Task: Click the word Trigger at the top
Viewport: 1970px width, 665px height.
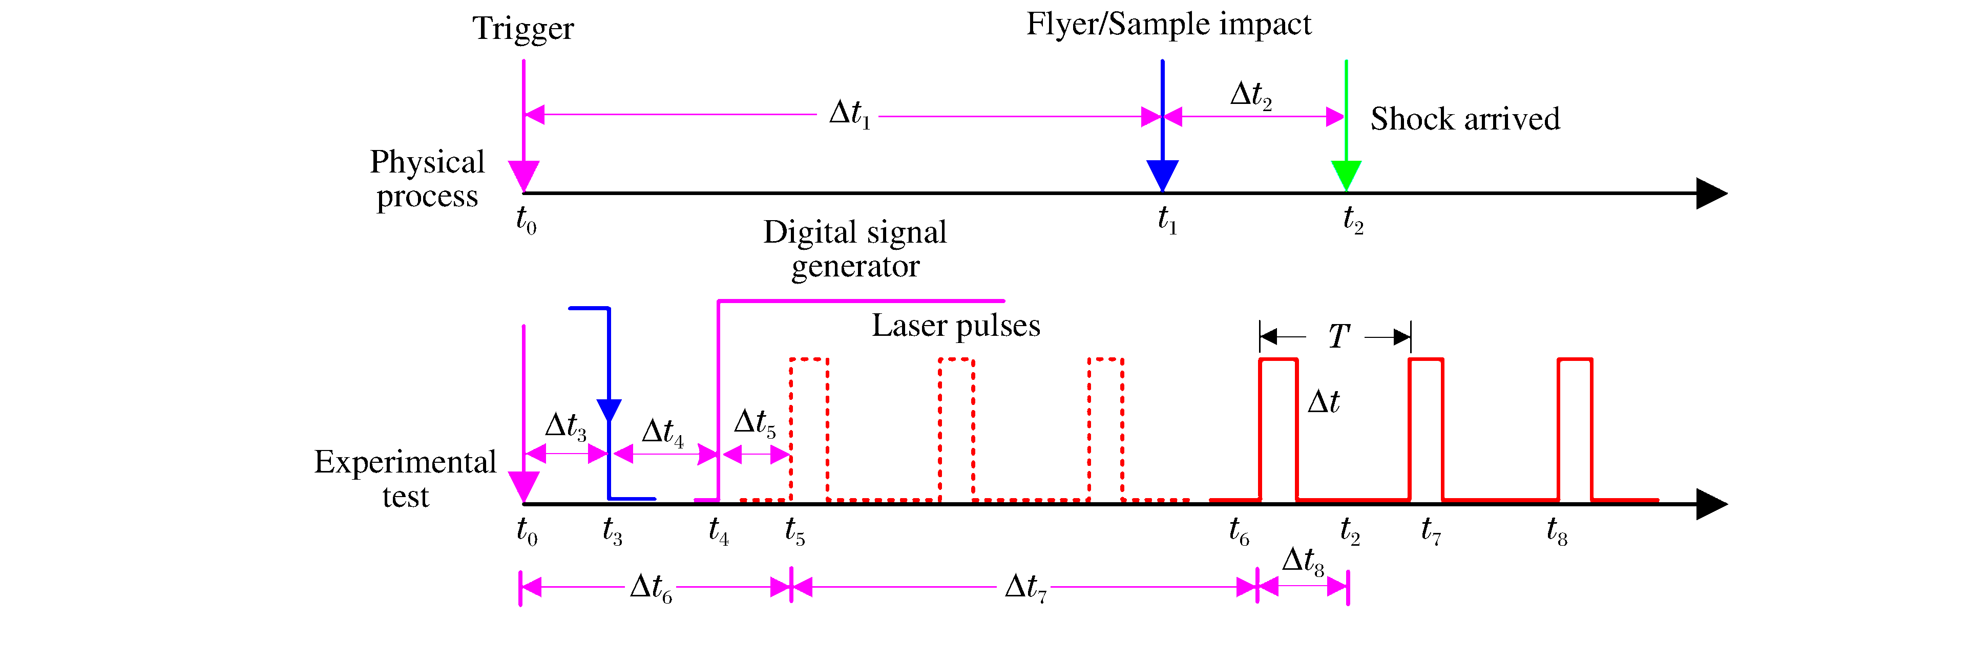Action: (523, 29)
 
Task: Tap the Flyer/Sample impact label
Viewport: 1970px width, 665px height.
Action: (1168, 25)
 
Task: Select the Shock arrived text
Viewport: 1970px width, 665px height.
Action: (1464, 119)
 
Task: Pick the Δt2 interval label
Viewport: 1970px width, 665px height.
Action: (1250, 95)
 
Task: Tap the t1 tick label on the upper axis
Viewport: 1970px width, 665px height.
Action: (1167, 220)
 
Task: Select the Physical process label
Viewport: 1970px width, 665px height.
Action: (428, 179)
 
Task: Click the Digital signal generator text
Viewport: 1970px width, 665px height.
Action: (855, 249)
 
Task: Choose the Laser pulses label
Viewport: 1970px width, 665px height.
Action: (956, 326)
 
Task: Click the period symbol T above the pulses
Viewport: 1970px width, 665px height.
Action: (1338, 336)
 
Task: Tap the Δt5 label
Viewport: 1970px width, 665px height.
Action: (754, 423)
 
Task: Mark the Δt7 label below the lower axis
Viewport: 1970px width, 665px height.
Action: (1025, 588)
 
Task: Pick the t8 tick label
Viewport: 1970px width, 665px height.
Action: (1556, 530)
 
